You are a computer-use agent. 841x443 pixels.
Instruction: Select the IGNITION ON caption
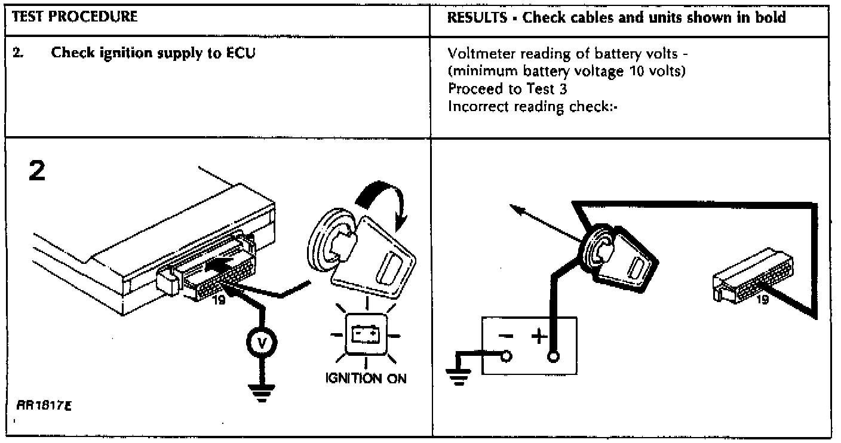point(366,379)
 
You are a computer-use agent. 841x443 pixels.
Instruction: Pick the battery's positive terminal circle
point(554,358)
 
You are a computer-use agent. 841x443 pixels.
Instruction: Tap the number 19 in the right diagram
point(763,299)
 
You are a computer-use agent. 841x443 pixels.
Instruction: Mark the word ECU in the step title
point(240,53)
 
